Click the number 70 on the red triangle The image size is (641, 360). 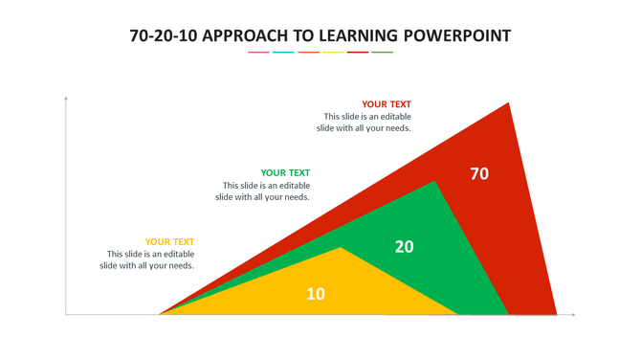[479, 173]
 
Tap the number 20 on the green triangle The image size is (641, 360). [405, 246]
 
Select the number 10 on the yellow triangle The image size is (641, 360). [316, 294]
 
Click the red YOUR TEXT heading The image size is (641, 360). [387, 104]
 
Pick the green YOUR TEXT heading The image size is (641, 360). [285, 173]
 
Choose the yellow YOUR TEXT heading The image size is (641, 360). [169, 242]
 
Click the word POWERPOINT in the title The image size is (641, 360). [457, 36]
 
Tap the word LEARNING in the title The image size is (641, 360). [358, 36]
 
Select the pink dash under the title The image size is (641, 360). [258, 52]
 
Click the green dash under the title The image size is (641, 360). [382, 52]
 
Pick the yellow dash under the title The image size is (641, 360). [333, 52]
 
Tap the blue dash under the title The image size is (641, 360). [283, 52]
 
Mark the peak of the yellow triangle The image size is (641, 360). [341, 249]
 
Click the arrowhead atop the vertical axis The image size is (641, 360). [66, 98]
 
